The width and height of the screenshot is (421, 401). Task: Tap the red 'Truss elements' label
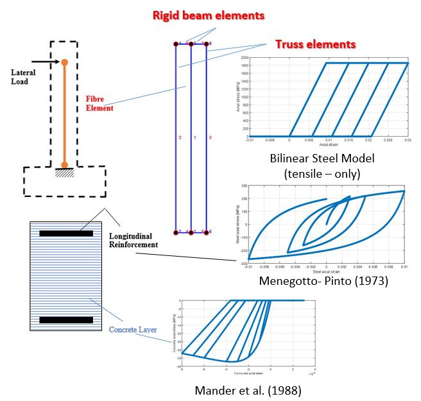(314, 44)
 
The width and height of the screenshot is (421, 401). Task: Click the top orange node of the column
(64, 62)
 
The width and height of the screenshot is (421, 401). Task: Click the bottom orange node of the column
(64, 165)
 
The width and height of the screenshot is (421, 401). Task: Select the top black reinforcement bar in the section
(66, 234)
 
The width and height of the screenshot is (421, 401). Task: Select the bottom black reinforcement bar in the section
(66, 320)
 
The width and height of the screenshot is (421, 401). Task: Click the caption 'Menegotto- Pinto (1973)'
(323, 280)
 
